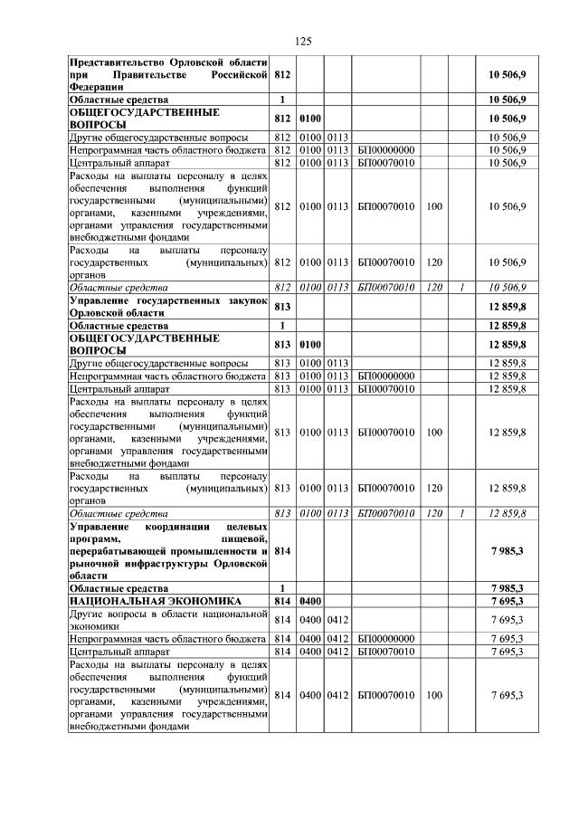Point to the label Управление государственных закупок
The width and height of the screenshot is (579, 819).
click(x=169, y=300)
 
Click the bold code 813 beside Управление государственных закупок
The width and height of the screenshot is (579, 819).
click(x=282, y=307)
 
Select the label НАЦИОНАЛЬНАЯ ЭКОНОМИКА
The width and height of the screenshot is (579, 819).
click(x=155, y=600)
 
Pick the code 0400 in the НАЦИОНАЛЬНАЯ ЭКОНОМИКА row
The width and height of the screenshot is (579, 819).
click(x=310, y=600)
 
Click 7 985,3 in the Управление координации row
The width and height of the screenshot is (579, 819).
click(x=508, y=550)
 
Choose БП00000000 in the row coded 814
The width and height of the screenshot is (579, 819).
click(x=386, y=637)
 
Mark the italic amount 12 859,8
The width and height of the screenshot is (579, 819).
click(x=508, y=513)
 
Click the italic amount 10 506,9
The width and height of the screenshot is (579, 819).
click(x=508, y=286)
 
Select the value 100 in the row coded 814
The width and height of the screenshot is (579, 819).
click(x=434, y=695)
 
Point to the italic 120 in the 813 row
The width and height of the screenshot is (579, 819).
click(x=434, y=513)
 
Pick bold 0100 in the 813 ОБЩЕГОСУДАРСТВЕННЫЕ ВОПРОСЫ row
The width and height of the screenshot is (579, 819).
click(x=310, y=344)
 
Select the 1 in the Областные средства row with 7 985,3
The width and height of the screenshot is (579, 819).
click(x=282, y=587)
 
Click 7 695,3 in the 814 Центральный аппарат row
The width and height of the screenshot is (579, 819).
click(x=508, y=650)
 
